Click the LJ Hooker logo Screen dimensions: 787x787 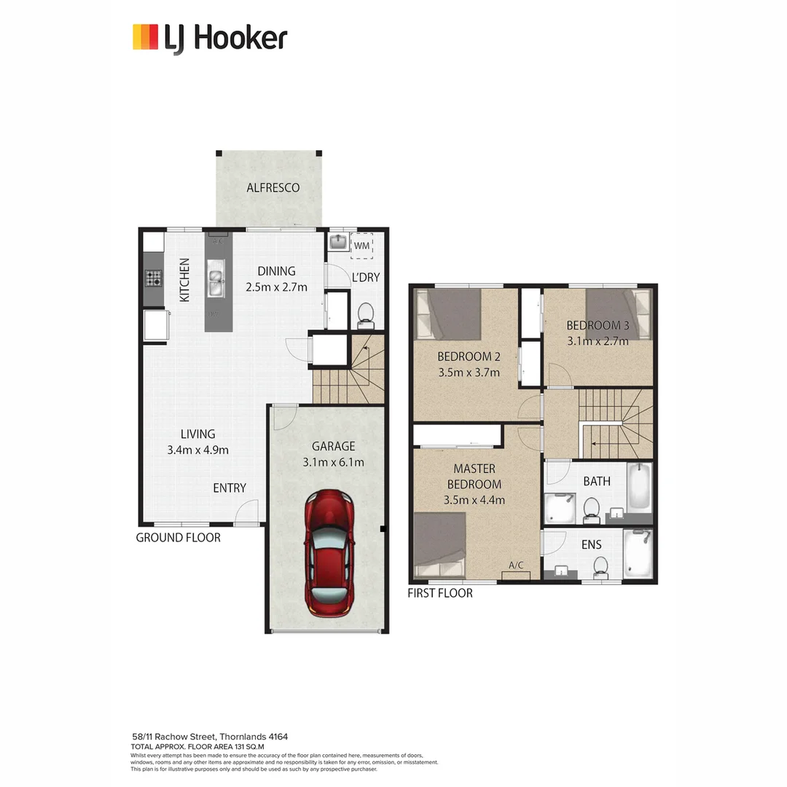click(x=210, y=38)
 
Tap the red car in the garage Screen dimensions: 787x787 click(x=330, y=553)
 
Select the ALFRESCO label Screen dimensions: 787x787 click(x=273, y=188)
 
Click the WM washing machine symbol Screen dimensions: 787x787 click(x=362, y=246)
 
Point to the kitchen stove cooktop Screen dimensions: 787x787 click(x=154, y=278)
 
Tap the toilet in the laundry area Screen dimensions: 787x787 click(x=366, y=314)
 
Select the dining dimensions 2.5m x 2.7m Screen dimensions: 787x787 click(x=276, y=287)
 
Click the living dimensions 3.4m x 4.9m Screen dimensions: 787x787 click(x=197, y=450)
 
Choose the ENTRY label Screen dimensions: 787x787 click(x=230, y=488)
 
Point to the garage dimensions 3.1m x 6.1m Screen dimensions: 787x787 click(x=333, y=462)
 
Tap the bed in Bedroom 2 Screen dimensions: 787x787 click(x=448, y=314)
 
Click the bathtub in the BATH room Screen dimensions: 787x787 click(x=639, y=486)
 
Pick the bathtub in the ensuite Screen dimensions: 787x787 click(x=638, y=553)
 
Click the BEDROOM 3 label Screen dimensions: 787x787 click(x=598, y=326)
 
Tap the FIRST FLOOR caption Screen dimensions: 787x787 click(x=440, y=593)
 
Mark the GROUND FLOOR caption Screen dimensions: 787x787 click(x=179, y=538)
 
